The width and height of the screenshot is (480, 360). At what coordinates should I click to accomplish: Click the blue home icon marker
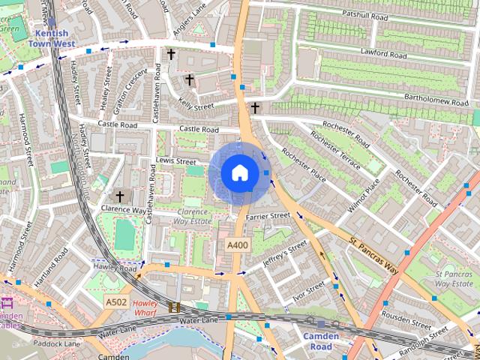click(239, 173)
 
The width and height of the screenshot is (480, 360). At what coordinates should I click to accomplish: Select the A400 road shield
click(237, 245)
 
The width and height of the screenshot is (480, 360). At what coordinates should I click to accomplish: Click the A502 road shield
click(115, 301)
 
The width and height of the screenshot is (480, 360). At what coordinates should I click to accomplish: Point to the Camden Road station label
click(321, 341)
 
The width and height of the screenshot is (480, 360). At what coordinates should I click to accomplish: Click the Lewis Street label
click(175, 161)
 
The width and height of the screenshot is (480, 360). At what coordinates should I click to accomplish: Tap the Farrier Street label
click(269, 216)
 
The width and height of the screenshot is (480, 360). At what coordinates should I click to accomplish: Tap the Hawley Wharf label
click(145, 307)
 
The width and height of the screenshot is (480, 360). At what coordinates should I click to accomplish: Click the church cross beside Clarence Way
click(119, 195)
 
